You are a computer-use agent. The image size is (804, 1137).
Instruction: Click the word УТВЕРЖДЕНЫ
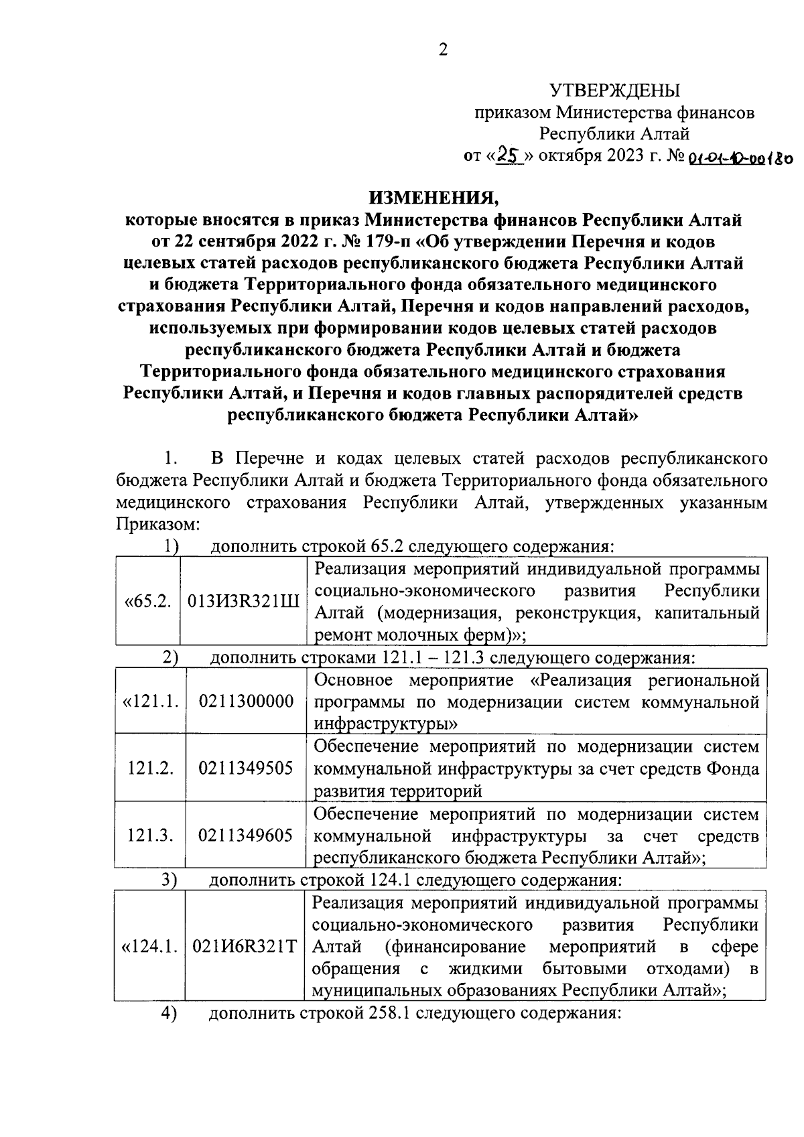pos(614,90)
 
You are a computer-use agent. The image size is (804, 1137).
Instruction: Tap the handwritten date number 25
pos(508,156)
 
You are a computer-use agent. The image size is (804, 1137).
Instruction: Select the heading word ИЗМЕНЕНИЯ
pos(434,198)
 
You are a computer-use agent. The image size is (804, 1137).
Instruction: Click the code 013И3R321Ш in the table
pos(245,601)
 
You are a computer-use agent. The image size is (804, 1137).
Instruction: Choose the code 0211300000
pos(246,701)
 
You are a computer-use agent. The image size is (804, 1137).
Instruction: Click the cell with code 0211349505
pos(246,768)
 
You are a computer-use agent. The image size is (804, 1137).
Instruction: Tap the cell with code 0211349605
pos(246,835)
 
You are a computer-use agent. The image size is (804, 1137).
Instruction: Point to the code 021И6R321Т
pos(245,947)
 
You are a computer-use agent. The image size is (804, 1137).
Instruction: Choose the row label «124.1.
pos(149,947)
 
